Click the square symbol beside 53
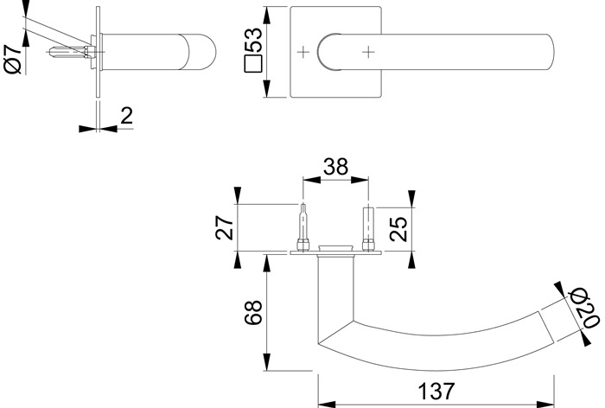tap(253, 66)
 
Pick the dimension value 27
tap(224, 227)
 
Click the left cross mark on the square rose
tap(303, 53)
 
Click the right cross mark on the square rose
tap(369, 53)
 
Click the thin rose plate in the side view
tap(98, 61)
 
